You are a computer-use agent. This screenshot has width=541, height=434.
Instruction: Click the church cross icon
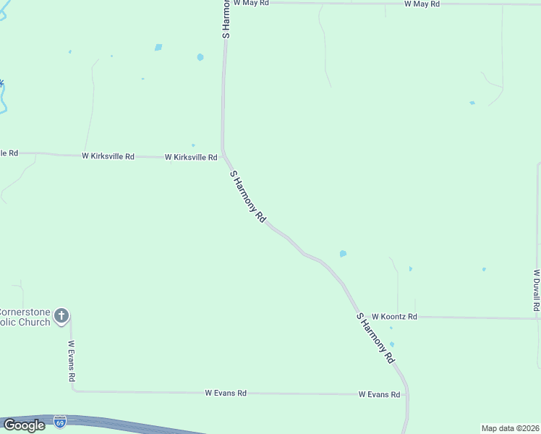click(x=61, y=315)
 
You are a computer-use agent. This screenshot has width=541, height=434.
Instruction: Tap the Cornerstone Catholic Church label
click(x=25, y=317)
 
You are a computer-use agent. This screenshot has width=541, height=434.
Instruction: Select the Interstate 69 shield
click(x=60, y=420)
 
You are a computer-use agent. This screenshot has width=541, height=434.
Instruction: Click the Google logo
click(x=23, y=425)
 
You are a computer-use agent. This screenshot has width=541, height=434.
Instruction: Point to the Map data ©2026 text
click(x=511, y=428)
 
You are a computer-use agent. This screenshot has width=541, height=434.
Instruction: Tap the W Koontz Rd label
click(x=394, y=317)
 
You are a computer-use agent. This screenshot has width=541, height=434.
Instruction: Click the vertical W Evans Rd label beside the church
click(x=72, y=362)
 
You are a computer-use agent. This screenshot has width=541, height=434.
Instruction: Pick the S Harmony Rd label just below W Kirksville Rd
click(x=248, y=196)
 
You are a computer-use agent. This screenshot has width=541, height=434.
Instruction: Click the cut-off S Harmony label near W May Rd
click(x=226, y=19)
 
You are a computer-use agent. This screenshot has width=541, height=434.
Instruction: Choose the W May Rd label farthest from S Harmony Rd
click(x=422, y=4)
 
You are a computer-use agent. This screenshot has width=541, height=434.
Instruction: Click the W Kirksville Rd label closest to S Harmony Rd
click(x=191, y=157)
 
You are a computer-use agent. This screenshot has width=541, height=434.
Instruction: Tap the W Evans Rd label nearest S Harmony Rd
click(x=380, y=394)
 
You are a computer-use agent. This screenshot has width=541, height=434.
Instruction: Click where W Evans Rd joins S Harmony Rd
click(x=406, y=395)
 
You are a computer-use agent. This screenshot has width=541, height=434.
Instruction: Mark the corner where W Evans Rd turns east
click(x=73, y=391)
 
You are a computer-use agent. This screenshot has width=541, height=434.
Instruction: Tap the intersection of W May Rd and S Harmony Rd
click(x=226, y=3)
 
